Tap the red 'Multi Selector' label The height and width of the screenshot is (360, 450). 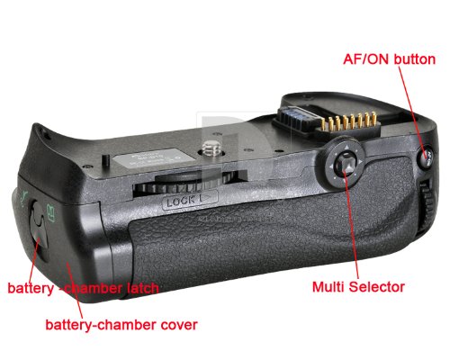click(x=358, y=287)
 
